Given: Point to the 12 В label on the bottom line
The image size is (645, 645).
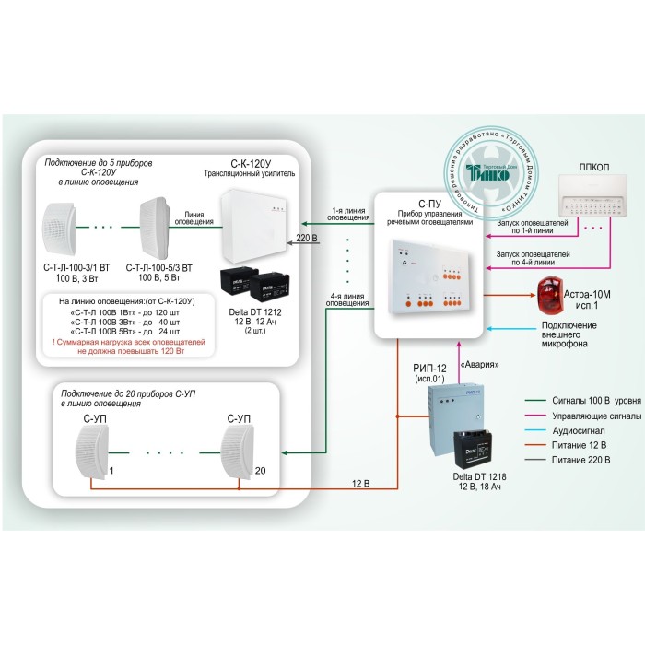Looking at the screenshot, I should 361,483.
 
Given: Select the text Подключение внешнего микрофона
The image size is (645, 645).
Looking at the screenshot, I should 567,334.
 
